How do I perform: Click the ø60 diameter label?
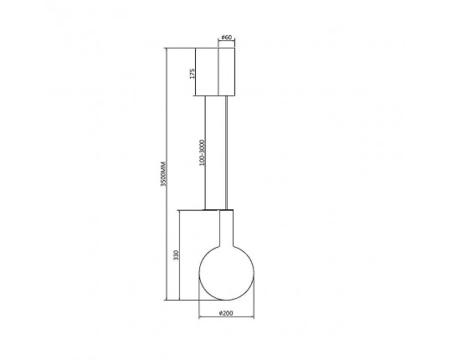[227, 37]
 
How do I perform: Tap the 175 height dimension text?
[193, 74]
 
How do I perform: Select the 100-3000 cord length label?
[202, 152]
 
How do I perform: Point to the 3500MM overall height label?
[163, 173]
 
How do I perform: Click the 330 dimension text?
[176, 255]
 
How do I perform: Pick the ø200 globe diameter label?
[226, 313]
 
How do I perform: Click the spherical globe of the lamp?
[226, 273]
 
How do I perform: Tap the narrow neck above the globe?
[226, 228]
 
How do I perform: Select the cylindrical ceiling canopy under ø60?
[227, 71]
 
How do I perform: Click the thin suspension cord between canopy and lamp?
[226, 152]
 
